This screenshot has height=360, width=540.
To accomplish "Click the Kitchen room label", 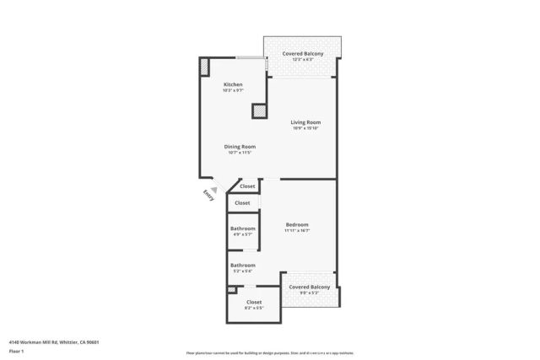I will point(233,85).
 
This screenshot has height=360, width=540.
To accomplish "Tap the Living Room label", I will point(305,122).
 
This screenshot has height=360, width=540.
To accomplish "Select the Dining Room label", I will point(240,147).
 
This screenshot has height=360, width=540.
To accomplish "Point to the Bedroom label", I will point(297,224).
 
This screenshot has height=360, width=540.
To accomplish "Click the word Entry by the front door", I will point(208,194).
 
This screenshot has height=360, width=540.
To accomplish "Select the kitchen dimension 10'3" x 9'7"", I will point(233,91).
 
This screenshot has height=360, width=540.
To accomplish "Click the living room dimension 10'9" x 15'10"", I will point(305,128).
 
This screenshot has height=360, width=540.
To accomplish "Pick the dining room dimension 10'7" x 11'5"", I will point(240,153).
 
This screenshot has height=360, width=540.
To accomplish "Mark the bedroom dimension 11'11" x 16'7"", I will point(297,230).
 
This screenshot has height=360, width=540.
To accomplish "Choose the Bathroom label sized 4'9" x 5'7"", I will point(243,228).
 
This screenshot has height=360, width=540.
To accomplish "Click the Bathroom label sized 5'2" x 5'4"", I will point(243,265).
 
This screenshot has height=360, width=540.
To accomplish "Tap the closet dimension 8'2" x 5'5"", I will point(253,308).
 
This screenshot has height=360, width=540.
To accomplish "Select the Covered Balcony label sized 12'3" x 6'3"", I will point(302,53).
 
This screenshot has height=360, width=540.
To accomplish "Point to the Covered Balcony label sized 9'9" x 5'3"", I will point(309,287).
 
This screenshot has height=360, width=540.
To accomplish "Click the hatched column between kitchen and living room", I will point(259,110).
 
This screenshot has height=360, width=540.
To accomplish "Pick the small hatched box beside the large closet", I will point(231,290).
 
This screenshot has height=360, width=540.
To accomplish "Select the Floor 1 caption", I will point(16,351).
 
